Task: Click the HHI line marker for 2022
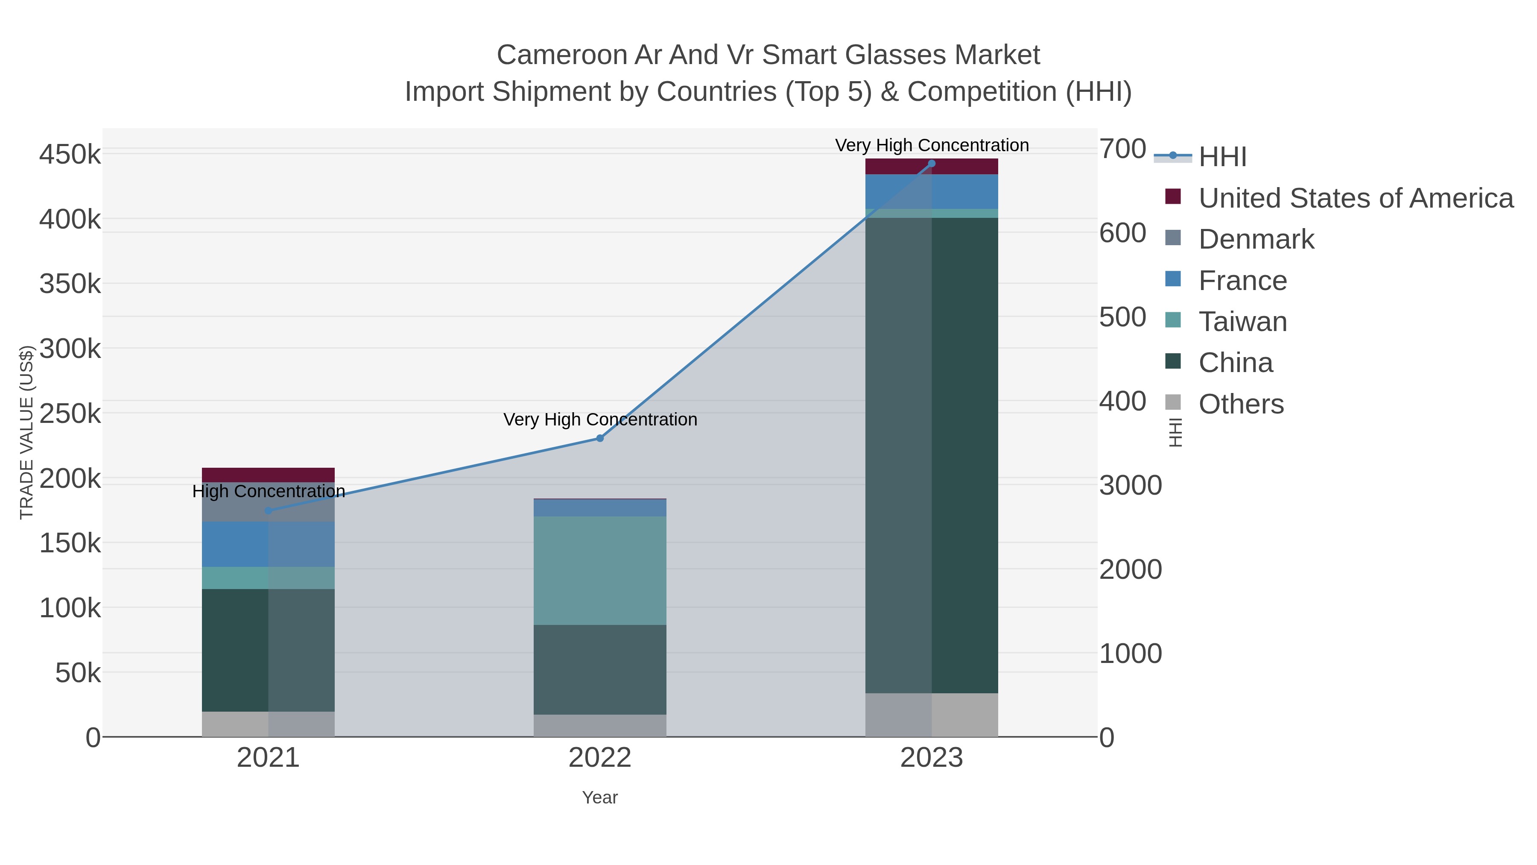[600, 438]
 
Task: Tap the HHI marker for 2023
[932, 164]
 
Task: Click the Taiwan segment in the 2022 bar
[600, 570]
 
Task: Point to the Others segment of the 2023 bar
[932, 715]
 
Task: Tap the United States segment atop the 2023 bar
[932, 167]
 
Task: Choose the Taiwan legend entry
[1242, 322]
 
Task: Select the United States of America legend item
[1355, 198]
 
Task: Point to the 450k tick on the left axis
[70, 155]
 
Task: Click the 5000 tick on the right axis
[1123, 317]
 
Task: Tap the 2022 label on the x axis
[600, 758]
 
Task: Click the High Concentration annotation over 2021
[269, 491]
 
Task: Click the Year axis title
[600, 798]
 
